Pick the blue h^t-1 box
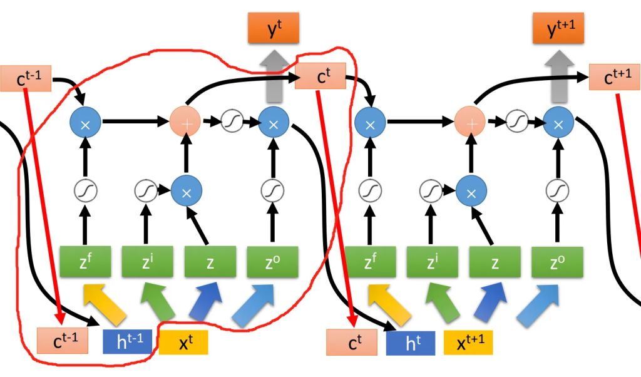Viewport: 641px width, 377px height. (x=127, y=341)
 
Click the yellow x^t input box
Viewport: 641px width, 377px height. (x=183, y=342)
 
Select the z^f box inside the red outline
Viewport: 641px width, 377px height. (x=86, y=262)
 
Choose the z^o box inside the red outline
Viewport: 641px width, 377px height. (x=273, y=262)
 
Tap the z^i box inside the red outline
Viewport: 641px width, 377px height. (x=147, y=262)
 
